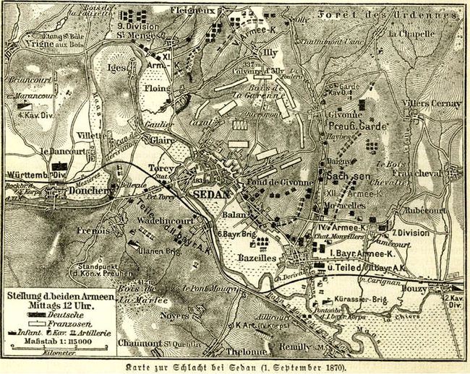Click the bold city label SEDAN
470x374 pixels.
212,194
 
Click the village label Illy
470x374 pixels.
270,52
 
